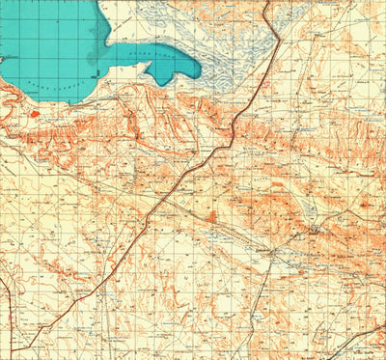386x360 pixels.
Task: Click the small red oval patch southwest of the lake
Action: (36, 114)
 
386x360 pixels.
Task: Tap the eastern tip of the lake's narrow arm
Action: (200, 70)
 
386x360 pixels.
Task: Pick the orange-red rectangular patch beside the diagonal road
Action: (211, 215)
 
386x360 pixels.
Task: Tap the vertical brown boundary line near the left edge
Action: (10, 309)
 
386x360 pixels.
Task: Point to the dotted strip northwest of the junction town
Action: (232, 232)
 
